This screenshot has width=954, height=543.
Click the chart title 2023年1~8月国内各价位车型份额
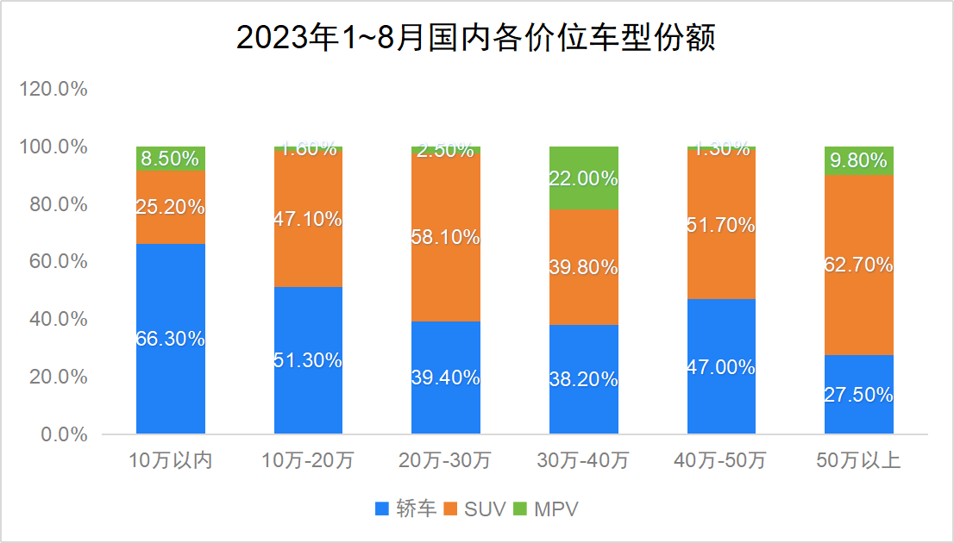point(476,39)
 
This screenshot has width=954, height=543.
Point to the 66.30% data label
point(171,339)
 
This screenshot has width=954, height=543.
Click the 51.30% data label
point(308,360)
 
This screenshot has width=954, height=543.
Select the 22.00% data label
point(584,179)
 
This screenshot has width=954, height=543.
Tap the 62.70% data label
point(859,265)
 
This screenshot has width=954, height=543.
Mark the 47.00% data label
point(721,366)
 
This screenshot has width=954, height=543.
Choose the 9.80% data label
point(859,160)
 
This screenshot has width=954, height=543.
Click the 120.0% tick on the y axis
point(53,90)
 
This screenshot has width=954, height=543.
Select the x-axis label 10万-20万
point(308,461)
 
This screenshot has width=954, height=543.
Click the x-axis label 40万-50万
point(721,461)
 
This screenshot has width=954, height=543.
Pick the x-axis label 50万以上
point(859,461)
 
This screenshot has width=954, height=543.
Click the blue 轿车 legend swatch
point(383,509)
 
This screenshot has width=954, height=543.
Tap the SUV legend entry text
point(485,509)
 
